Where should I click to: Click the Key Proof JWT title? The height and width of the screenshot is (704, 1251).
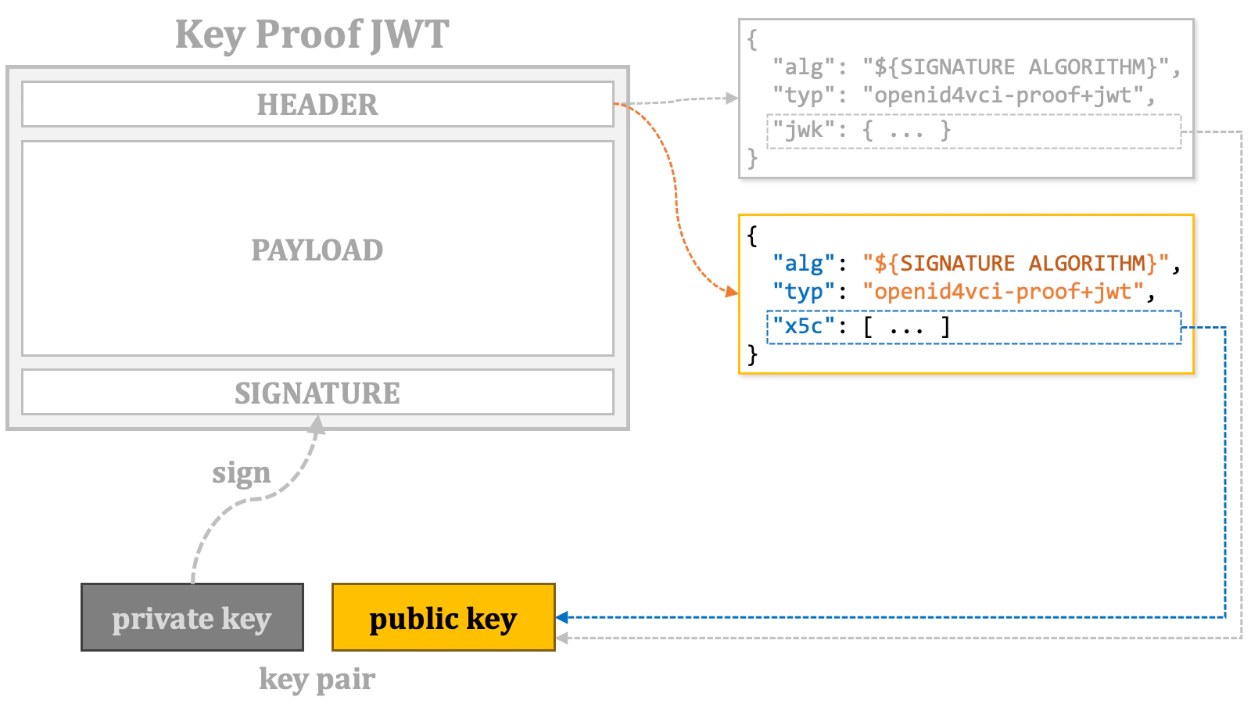312,34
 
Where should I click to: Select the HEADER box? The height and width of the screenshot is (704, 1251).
317,104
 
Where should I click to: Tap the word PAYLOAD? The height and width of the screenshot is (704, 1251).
317,250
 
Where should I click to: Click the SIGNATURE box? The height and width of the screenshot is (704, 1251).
317,393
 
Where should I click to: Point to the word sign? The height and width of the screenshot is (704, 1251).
241,473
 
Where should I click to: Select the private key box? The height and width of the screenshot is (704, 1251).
192,617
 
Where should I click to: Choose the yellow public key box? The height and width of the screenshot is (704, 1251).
443,617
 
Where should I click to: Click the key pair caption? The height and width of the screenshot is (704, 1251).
317,679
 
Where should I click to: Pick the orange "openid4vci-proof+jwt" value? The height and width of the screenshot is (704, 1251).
1002,292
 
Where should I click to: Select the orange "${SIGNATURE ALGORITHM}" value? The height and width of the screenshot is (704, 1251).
1016,264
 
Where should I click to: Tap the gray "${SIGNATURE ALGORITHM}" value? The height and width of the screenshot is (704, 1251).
1016,67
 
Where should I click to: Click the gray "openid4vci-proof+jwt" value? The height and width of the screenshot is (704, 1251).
1002,95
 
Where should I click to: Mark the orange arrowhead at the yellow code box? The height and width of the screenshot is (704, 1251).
733,292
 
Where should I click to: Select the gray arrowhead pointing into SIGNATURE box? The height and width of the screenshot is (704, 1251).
317,423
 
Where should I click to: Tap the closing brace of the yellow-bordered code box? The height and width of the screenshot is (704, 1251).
752,355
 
